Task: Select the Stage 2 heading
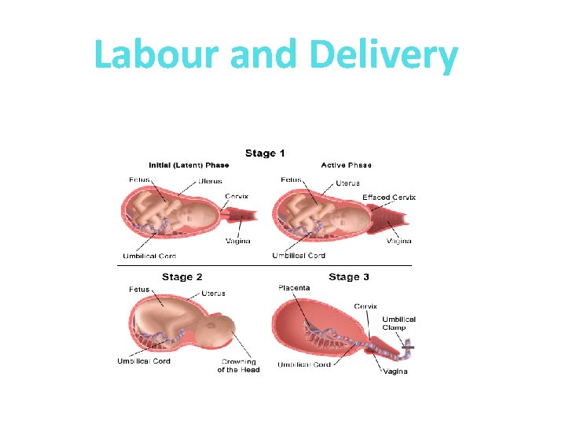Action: [182, 277]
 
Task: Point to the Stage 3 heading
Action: [349, 277]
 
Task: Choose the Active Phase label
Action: [346, 165]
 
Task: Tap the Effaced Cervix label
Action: [388, 197]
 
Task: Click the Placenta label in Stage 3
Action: [294, 288]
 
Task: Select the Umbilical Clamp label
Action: [399, 323]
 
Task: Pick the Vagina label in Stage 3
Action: [395, 371]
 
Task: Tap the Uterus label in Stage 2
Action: [213, 294]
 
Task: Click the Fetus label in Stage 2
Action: [139, 290]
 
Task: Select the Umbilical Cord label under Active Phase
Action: [299, 256]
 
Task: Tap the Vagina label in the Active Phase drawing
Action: [399, 241]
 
